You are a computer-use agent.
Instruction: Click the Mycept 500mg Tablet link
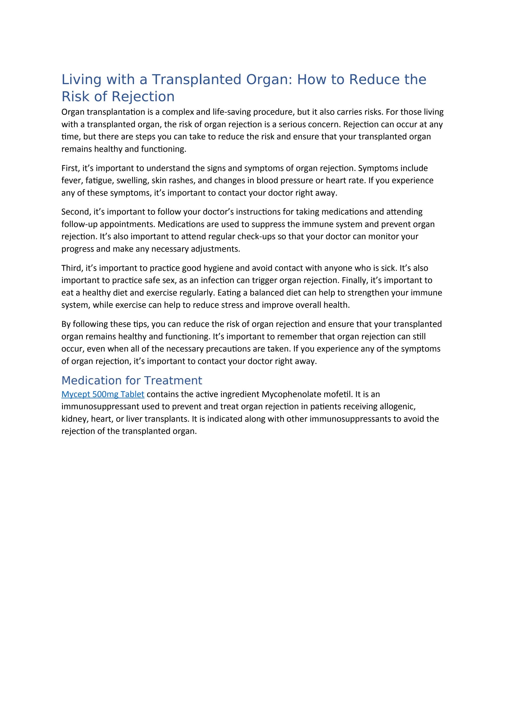tap(103, 394)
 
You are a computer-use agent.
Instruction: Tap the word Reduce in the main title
tap(374, 80)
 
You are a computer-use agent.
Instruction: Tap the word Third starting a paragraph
tap(71, 268)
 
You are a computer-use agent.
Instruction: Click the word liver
tap(134, 419)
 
